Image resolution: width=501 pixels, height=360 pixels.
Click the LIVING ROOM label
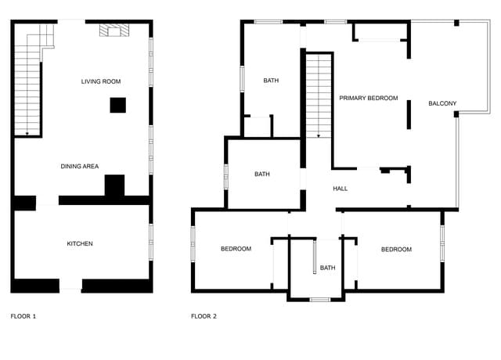point(101,81)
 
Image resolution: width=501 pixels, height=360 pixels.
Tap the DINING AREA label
point(80,166)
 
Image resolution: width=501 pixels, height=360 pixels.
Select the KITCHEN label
point(80,243)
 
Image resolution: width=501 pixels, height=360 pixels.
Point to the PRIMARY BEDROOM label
point(369,99)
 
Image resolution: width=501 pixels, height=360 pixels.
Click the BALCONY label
point(442,103)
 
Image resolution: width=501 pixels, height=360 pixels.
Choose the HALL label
point(340,189)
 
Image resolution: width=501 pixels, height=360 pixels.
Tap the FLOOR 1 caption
point(23,316)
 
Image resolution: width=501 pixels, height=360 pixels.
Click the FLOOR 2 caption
point(204,316)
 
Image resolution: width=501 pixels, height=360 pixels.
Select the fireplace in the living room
point(114,31)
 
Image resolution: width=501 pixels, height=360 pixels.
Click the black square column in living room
point(118,105)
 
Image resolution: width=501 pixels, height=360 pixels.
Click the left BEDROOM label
point(236,249)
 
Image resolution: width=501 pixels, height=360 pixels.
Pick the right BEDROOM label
point(396,250)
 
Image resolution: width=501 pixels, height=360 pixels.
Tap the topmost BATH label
point(271,81)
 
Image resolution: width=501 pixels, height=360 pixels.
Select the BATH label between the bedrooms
point(327,268)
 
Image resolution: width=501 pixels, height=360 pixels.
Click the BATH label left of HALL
point(262,174)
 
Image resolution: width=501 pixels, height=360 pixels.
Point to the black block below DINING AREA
point(115,186)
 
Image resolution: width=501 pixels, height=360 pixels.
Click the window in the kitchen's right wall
point(150,242)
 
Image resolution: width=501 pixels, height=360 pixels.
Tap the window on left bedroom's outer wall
point(193,243)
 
